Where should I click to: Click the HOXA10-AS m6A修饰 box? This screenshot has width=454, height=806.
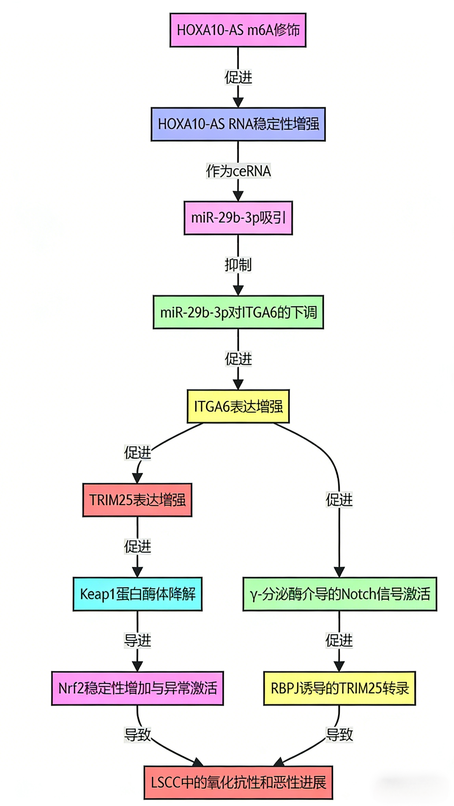(238, 30)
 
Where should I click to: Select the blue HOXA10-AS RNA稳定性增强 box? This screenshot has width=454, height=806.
(238, 124)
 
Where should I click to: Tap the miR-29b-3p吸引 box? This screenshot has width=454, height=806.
(238, 218)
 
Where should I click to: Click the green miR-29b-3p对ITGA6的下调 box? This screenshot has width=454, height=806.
(238, 312)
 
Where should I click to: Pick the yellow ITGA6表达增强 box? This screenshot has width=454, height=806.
(238, 406)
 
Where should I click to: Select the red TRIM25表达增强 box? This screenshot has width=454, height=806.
(137, 500)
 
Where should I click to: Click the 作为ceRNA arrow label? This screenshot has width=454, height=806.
(238, 171)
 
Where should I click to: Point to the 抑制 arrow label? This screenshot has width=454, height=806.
(238, 265)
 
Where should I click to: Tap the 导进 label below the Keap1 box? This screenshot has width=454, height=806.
(137, 640)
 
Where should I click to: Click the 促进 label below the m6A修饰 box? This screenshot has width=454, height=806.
(238, 77)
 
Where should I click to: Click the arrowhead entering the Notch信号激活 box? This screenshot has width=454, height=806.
(339, 572)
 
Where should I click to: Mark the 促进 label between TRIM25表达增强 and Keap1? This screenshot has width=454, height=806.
(137, 546)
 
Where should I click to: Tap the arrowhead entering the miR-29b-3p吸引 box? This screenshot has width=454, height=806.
(238, 196)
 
